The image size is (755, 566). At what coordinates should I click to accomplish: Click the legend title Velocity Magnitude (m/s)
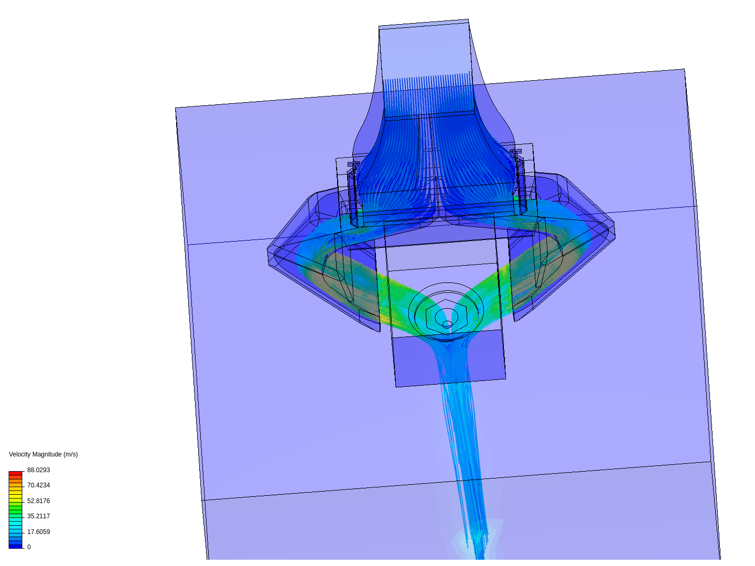[44, 454]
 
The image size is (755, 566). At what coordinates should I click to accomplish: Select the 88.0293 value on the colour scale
[38, 470]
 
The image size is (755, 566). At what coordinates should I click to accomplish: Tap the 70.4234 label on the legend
[38, 485]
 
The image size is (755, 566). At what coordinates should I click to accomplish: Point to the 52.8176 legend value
[38, 500]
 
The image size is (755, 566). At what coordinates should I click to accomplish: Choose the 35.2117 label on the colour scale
[38, 516]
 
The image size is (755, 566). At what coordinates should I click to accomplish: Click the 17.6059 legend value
[38, 531]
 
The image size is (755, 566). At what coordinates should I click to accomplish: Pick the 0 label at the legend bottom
[29, 547]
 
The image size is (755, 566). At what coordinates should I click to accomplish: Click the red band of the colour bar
[16, 473]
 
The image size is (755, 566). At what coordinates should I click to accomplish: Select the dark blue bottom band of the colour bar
[16, 547]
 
